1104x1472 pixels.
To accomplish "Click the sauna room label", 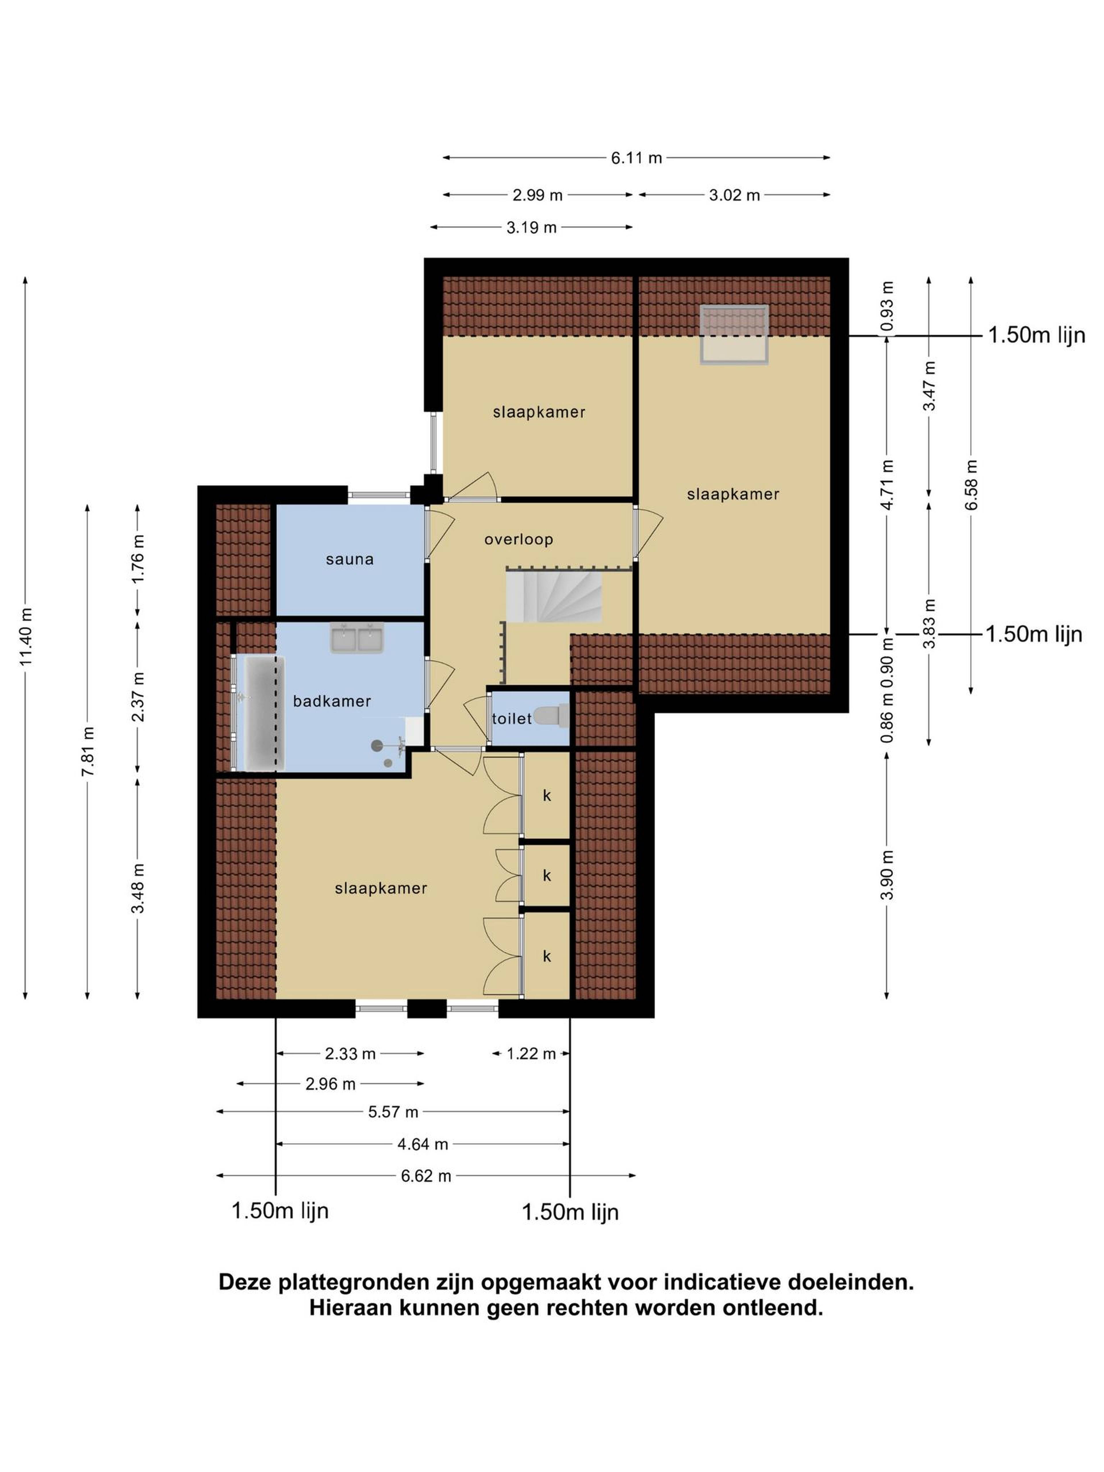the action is click(x=349, y=560).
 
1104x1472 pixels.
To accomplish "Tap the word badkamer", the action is click(x=331, y=701).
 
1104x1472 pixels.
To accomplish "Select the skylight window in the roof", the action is click(x=734, y=334).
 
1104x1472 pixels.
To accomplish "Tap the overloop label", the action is click(x=518, y=539).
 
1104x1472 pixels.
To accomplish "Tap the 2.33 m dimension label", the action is click(x=350, y=1053).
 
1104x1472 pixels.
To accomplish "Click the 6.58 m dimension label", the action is click(x=971, y=485).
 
